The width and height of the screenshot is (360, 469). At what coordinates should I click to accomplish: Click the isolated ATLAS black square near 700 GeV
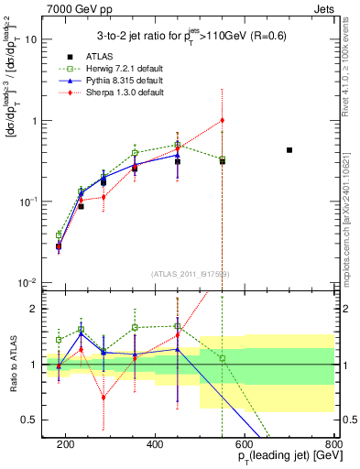pyautogui.click(x=289, y=149)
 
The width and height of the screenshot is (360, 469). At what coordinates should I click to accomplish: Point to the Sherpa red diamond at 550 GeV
pyautogui.click(x=223, y=120)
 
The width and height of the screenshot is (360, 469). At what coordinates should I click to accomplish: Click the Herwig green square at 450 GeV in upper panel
pyautogui.click(x=178, y=145)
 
